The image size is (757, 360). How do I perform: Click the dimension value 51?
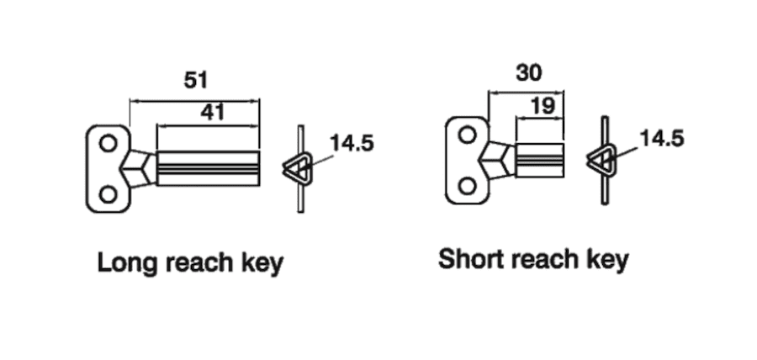pos(196,81)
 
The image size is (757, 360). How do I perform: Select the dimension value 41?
pos(212,112)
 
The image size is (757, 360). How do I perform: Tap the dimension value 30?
pos(528,73)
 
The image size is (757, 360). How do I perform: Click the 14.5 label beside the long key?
pos(351,143)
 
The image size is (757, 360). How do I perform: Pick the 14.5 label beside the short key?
pos(662,138)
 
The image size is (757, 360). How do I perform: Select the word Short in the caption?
pos(469,258)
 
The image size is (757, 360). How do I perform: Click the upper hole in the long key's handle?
pos(108,144)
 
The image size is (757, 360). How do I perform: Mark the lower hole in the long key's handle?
pos(108,194)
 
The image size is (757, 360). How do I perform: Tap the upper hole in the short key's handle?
pos(465,132)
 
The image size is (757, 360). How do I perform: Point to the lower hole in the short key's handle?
pos(465,183)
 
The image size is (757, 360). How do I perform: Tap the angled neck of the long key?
pos(140,167)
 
